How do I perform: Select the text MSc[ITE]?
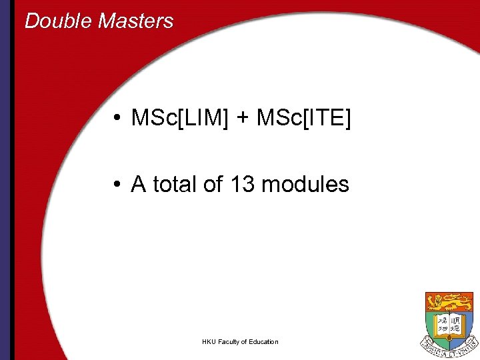click(303, 119)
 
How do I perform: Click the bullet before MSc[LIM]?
click(117, 119)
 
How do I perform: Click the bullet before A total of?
click(117, 185)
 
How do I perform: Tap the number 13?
click(242, 184)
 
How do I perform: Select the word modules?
click(305, 184)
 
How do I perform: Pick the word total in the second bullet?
click(175, 184)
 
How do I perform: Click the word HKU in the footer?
click(209, 342)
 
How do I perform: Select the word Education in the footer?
click(263, 342)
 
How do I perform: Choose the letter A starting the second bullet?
click(139, 184)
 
